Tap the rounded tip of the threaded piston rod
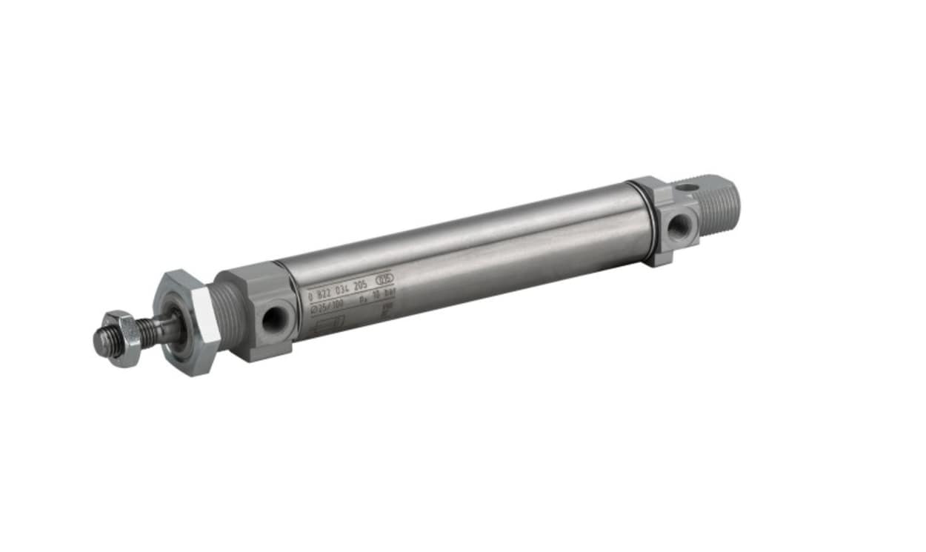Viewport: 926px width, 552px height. click(x=99, y=340)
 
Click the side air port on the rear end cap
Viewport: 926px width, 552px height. click(x=678, y=225)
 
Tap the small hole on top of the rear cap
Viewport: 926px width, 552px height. click(x=687, y=186)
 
